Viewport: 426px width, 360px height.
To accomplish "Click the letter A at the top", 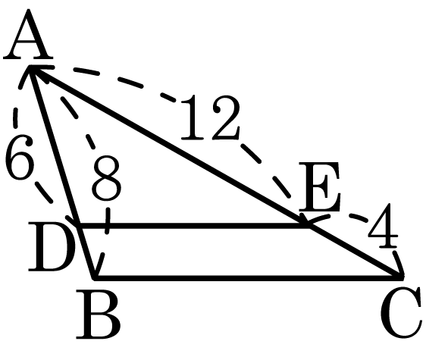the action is pos(28,34).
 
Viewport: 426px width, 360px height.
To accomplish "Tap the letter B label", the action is pos(98,315).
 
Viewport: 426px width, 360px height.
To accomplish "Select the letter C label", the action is pos(402,314).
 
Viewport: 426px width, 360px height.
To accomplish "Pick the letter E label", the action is pos(320,186).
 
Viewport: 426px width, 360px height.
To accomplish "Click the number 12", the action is pos(210,117).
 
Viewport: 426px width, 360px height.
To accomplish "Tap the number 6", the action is pos(20,157).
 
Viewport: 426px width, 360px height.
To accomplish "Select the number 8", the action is pos(106,179).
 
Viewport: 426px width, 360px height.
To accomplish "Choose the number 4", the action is pos(383,226).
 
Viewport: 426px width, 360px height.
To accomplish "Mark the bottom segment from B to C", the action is pos(249,277).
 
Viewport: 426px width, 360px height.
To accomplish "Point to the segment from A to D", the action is pos(54,146).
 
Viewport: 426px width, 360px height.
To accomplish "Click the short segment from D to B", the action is pos(86,252).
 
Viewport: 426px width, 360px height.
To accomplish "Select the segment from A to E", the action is pos(169,146).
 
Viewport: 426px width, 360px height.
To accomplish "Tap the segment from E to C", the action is pos(356,252).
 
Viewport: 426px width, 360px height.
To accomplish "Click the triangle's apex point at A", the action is pos(30,67).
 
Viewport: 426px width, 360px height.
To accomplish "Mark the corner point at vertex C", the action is pos(402,277).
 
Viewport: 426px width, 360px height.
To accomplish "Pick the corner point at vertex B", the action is pos(94,277).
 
